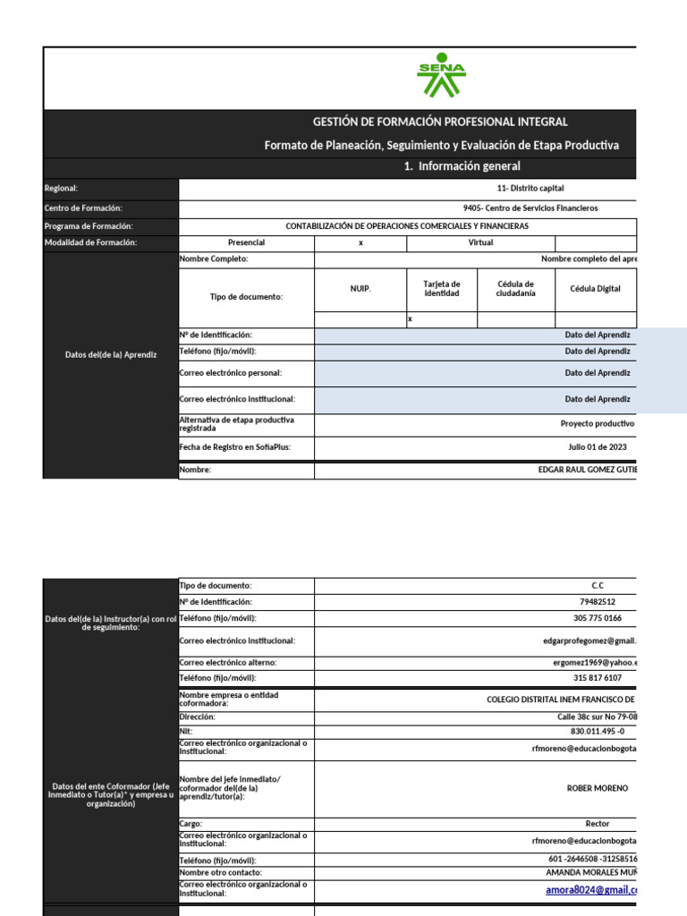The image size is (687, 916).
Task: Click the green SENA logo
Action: [441, 79]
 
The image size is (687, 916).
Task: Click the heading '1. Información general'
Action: [462, 166]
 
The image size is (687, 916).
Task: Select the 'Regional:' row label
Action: [62, 189]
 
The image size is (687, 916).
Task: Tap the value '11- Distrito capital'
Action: [530, 189]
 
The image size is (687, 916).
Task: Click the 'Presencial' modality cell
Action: [247, 242]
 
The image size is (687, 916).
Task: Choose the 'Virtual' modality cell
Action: [480, 242]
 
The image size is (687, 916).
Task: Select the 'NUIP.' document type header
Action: [360, 289]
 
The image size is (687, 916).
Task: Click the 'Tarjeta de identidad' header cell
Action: [441, 289]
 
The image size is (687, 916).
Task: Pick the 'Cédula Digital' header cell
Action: [595, 289]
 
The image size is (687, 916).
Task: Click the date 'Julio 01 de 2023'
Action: [598, 446]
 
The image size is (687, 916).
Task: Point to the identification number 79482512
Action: [598, 602]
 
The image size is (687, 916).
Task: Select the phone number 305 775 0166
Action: [598, 618]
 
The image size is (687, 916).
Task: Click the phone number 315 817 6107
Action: [598, 678]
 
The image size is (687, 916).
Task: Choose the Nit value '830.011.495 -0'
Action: [598, 731]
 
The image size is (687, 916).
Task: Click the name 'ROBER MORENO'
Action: [598, 788]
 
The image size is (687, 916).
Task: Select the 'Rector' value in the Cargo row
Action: [598, 824]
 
